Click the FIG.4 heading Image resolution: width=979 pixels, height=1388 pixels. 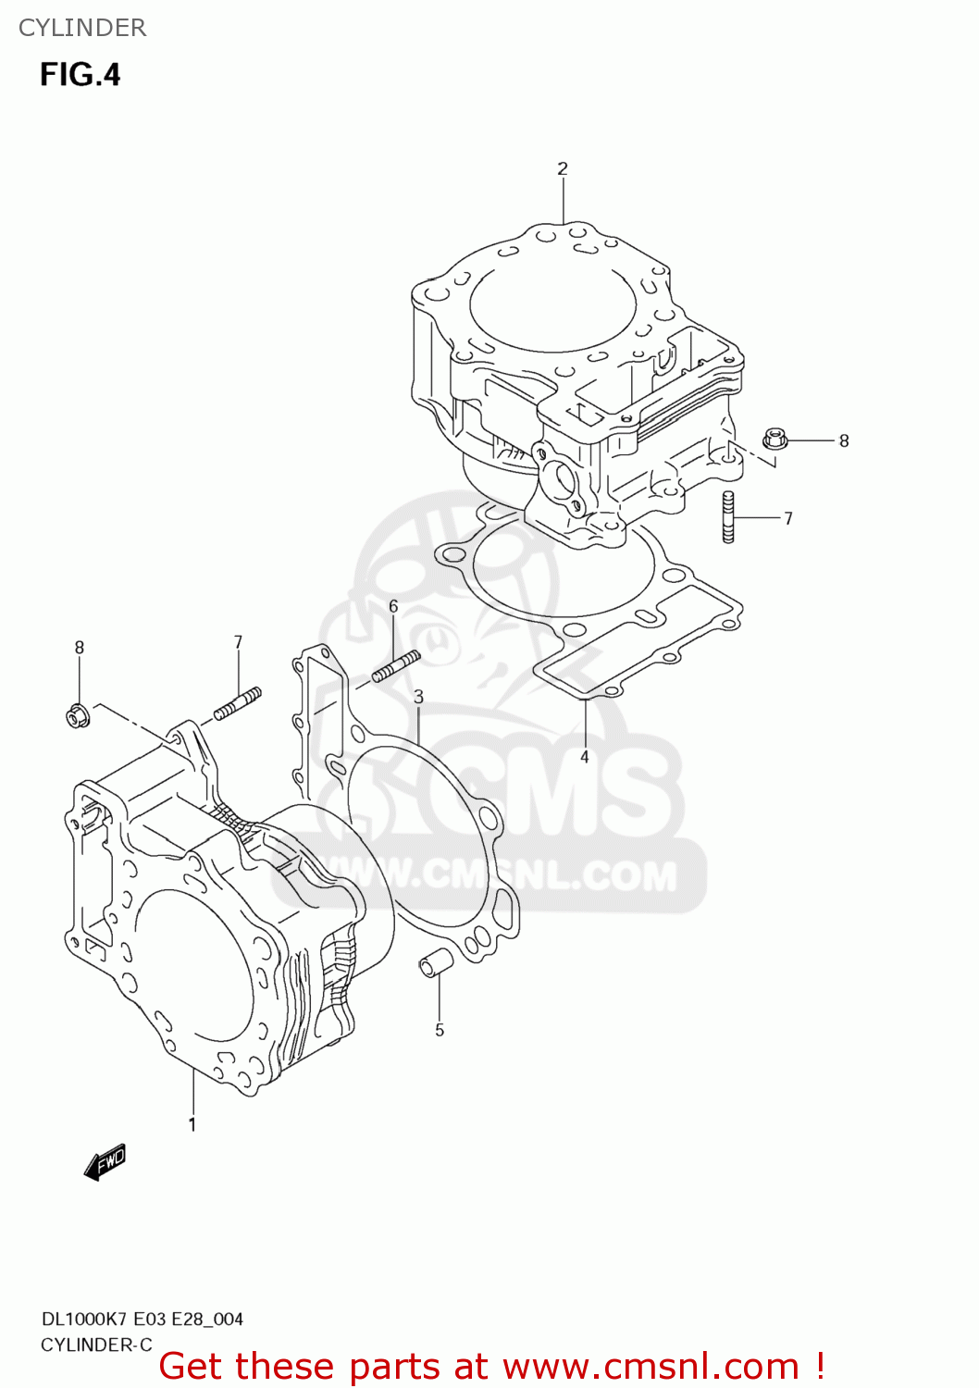(x=81, y=75)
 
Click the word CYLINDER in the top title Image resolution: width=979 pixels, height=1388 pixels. (x=82, y=28)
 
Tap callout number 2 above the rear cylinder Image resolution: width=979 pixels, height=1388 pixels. (x=563, y=168)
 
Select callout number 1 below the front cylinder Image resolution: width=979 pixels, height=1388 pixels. (x=192, y=1124)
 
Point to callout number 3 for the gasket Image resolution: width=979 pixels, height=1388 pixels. (x=418, y=696)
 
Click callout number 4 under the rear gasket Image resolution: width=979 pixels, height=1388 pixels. (x=585, y=757)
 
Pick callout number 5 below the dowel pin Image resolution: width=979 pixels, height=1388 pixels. (x=440, y=1030)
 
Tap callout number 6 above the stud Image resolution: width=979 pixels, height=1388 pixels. (x=393, y=606)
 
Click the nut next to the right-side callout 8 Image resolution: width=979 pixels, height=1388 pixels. (x=775, y=439)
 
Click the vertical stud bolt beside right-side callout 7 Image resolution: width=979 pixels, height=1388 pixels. (x=728, y=517)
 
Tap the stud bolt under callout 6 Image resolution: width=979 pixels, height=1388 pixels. (x=396, y=666)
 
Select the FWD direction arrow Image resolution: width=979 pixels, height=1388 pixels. (x=105, y=1161)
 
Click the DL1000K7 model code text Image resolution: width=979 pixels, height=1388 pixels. (x=85, y=1320)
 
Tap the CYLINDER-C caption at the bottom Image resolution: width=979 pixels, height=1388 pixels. (x=96, y=1345)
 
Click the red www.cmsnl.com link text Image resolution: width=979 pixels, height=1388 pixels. (x=651, y=1367)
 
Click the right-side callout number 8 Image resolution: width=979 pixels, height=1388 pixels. (x=844, y=441)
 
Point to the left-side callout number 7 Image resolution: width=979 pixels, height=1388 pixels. (x=238, y=642)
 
